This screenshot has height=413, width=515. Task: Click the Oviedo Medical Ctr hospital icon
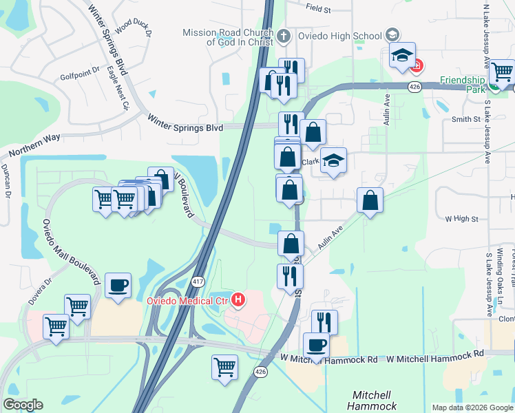point(238,299)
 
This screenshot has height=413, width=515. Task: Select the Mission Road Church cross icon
point(285,34)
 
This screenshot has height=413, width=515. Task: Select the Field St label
point(319,10)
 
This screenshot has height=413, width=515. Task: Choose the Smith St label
point(465,119)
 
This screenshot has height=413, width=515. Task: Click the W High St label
point(461,219)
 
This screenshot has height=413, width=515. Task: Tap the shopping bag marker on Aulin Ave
point(370,200)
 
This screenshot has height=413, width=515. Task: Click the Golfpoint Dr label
point(81,76)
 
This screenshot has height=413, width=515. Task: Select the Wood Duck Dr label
point(133,26)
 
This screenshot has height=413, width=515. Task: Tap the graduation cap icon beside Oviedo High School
point(392,35)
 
